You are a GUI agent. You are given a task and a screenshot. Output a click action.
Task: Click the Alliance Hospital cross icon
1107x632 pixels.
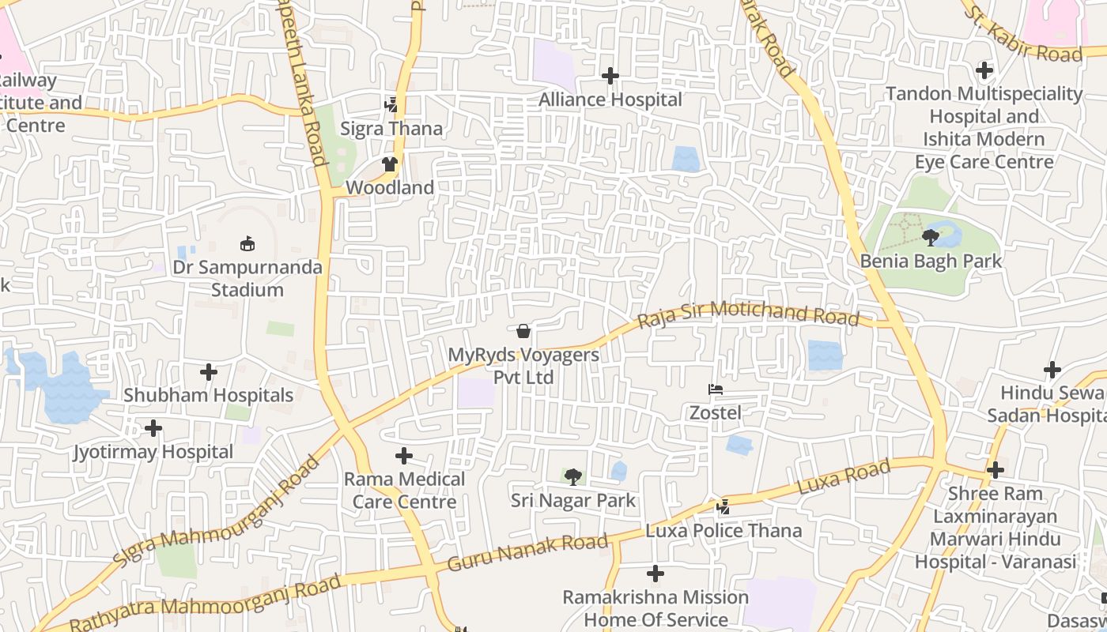coord(610,76)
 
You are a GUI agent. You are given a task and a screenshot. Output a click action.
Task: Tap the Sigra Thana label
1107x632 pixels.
coord(391,128)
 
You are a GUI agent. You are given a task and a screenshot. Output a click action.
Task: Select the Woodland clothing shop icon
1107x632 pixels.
coord(389,164)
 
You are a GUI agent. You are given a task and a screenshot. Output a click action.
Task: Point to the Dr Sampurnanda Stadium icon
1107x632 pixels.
coord(247,243)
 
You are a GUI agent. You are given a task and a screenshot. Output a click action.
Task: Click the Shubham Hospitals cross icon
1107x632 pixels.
coord(209,371)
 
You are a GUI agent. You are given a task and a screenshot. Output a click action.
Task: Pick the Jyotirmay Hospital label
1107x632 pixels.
coord(153,453)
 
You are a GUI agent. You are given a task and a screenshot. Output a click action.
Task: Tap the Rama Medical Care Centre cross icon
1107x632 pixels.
coord(404,456)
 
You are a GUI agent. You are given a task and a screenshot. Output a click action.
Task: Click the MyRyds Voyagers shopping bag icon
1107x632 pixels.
coord(523,331)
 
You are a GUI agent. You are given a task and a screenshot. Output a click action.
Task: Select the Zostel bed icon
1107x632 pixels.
coord(716,389)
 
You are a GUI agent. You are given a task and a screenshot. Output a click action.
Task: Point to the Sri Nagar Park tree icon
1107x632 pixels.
coord(572,476)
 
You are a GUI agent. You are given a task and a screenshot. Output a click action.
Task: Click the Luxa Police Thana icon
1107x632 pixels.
coord(723,507)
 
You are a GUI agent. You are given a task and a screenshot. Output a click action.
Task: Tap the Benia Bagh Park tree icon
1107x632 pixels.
coord(931,236)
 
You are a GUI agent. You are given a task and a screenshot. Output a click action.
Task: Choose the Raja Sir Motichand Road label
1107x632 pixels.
coord(748,314)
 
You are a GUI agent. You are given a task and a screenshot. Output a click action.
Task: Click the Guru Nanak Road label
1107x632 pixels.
coord(527,552)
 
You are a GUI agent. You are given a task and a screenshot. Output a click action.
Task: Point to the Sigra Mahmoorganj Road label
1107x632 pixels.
coord(217,509)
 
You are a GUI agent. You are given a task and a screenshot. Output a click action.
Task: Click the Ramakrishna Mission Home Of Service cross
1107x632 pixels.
coord(656,574)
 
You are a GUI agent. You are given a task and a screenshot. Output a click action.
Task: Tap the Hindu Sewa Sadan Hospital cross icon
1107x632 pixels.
coord(1052,369)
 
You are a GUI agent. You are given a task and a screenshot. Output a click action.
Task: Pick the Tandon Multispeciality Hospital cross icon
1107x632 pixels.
coord(984,70)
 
